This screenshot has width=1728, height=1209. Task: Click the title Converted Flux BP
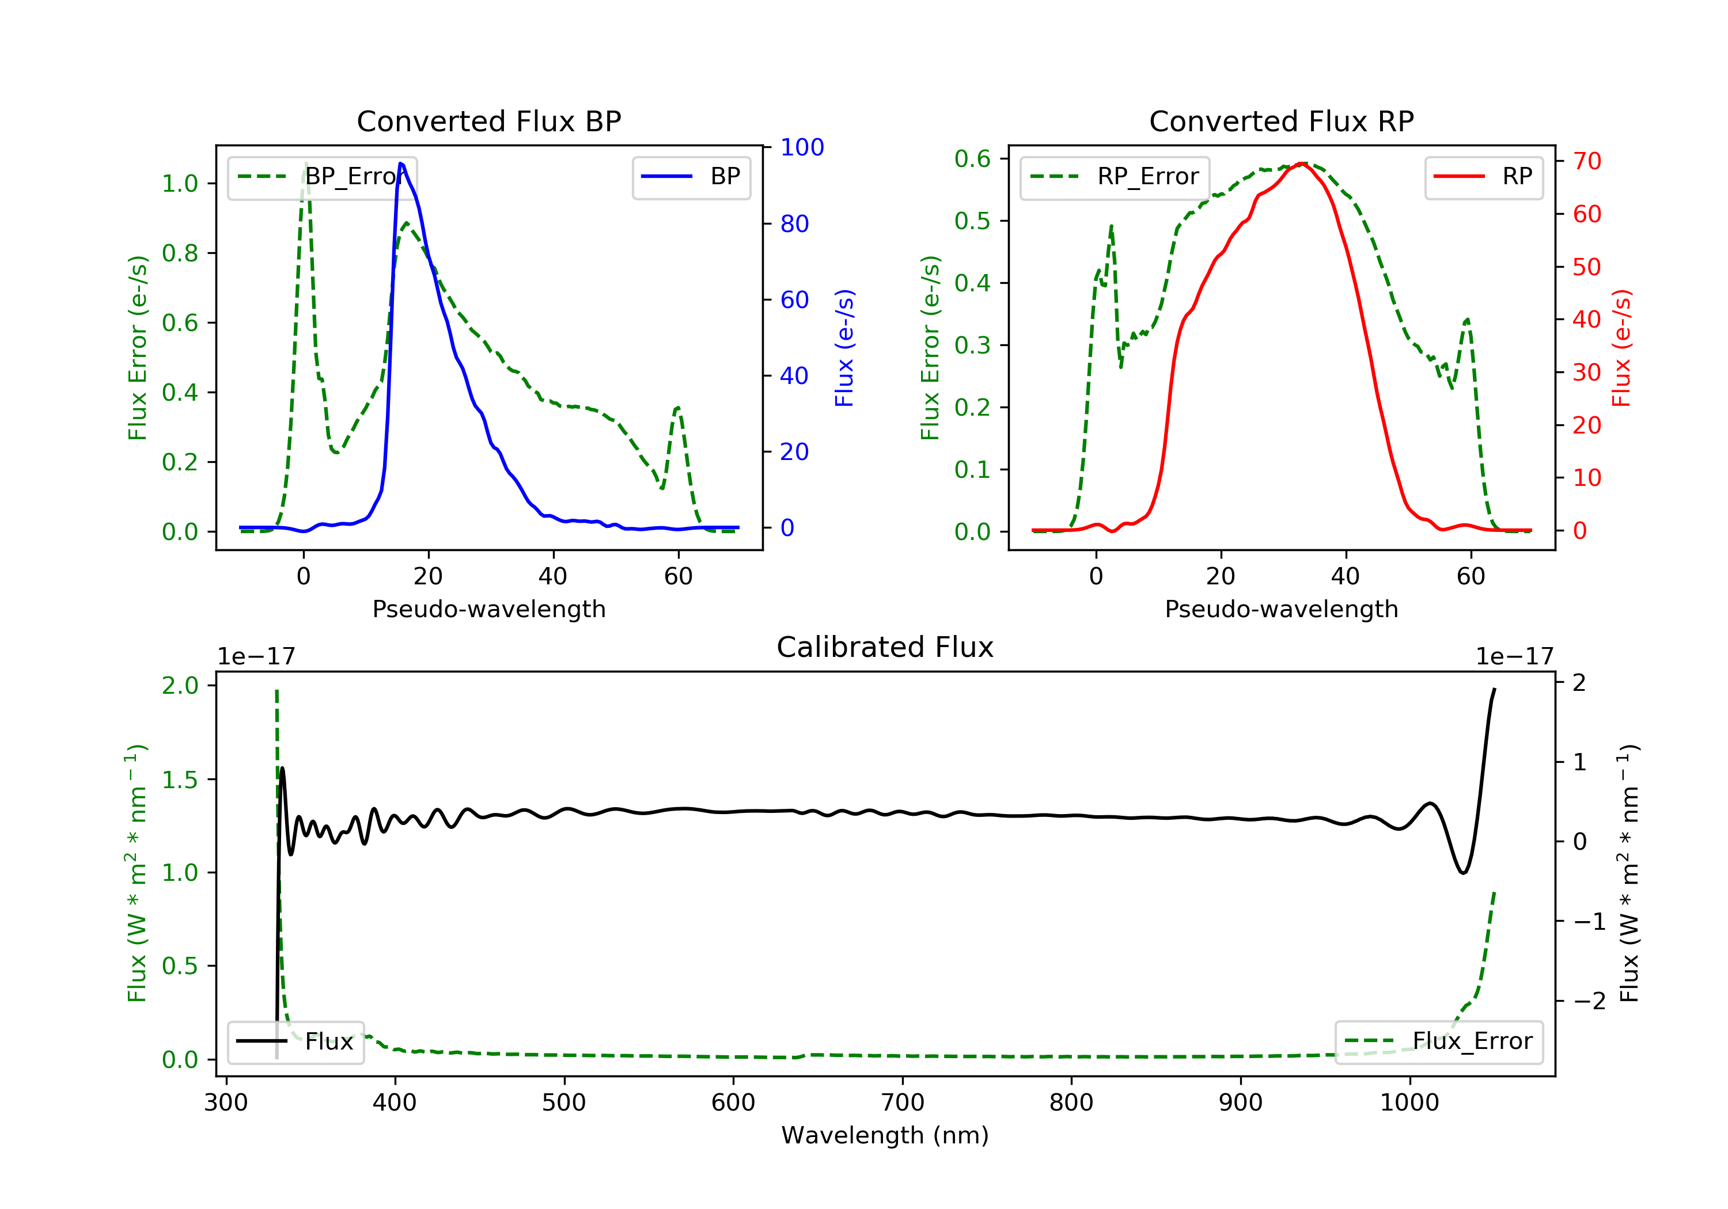(x=488, y=121)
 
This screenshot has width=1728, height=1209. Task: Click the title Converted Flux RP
(x=1281, y=121)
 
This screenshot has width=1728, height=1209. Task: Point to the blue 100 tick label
(x=802, y=147)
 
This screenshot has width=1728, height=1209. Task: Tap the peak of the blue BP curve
(x=401, y=164)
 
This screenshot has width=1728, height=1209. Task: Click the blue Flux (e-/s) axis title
(x=844, y=348)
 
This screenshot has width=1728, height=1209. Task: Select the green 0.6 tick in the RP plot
(x=972, y=159)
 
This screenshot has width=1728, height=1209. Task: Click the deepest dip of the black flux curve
(x=1463, y=873)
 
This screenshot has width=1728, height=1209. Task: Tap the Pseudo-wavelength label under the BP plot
(x=488, y=609)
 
